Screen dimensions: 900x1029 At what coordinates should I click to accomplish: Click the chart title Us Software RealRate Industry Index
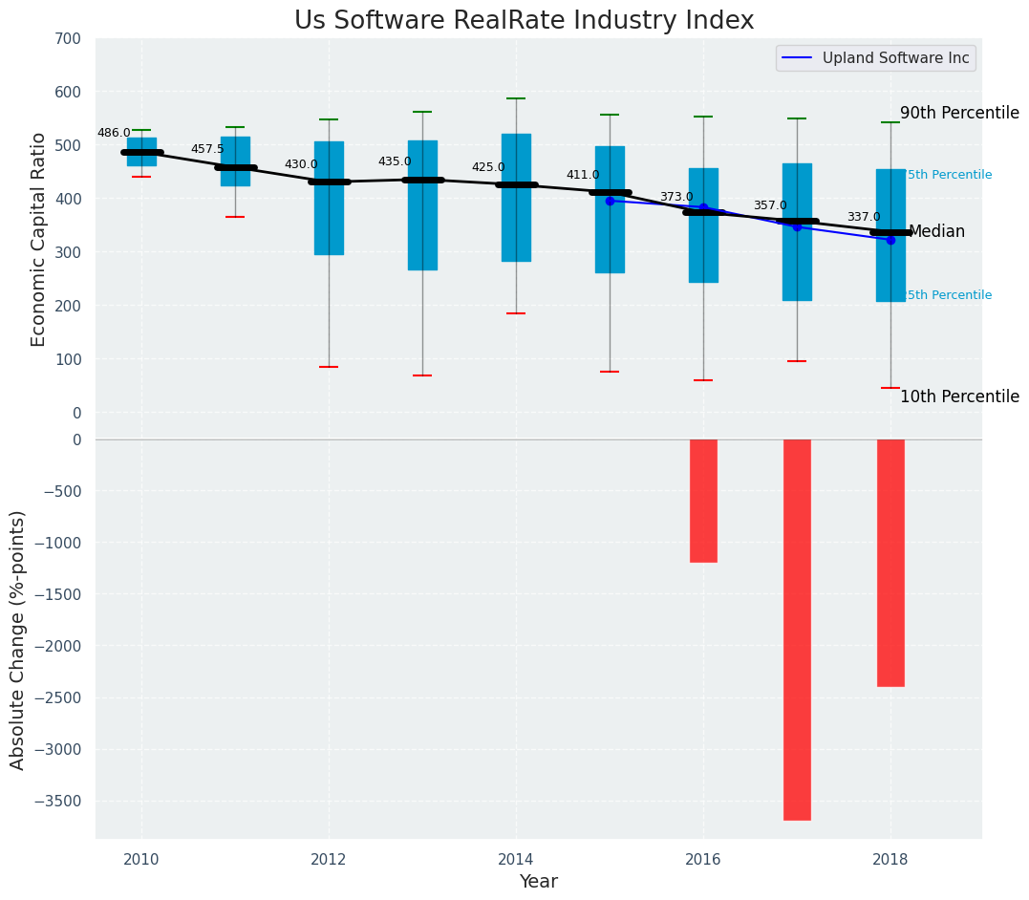524,21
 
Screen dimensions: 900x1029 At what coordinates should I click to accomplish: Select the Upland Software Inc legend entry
875,58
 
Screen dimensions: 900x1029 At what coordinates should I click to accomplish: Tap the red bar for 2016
703,501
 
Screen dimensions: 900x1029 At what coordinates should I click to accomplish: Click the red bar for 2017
797,629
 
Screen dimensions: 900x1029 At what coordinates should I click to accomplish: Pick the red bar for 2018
890,562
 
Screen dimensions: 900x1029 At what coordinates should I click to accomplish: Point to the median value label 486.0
114,133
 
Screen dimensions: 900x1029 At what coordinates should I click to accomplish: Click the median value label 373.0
676,197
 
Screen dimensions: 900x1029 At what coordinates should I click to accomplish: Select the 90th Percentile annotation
959,113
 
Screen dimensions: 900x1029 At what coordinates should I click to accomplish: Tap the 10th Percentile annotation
959,396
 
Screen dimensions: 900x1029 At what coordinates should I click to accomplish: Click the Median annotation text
936,231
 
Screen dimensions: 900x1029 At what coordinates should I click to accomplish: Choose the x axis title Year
539,881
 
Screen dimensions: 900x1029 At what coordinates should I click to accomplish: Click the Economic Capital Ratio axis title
39,239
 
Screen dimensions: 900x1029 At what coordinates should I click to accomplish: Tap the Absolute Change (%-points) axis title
18,639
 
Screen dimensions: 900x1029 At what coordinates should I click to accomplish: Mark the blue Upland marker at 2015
610,201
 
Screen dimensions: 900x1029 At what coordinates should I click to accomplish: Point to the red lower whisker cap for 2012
329,367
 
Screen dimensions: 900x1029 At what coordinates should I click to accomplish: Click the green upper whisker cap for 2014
516,98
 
